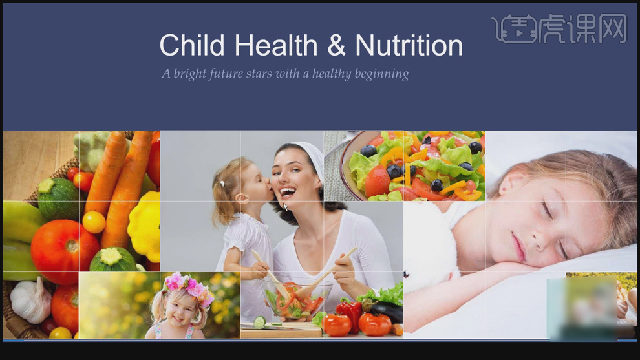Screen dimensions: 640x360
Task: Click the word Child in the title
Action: pyautogui.click(x=192, y=45)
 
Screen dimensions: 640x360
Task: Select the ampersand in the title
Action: pyautogui.click(x=336, y=45)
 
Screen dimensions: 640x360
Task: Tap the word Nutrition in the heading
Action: pyautogui.click(x=409, y=45)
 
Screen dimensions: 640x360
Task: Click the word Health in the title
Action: pyautogui.click(x=276, y=45)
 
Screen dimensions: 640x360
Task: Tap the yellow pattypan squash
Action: pyautogui.click(x=144, y=226)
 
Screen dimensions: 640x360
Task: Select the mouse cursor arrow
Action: pyautogui.click(x=285, y=207)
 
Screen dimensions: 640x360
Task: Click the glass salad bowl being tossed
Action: pyautogui.click(x=295, y=300)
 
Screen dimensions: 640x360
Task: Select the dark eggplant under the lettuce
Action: pyautogui.click(x=387, y=311)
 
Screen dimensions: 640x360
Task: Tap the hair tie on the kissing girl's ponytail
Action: pyautogui.click(x=222, y=184)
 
